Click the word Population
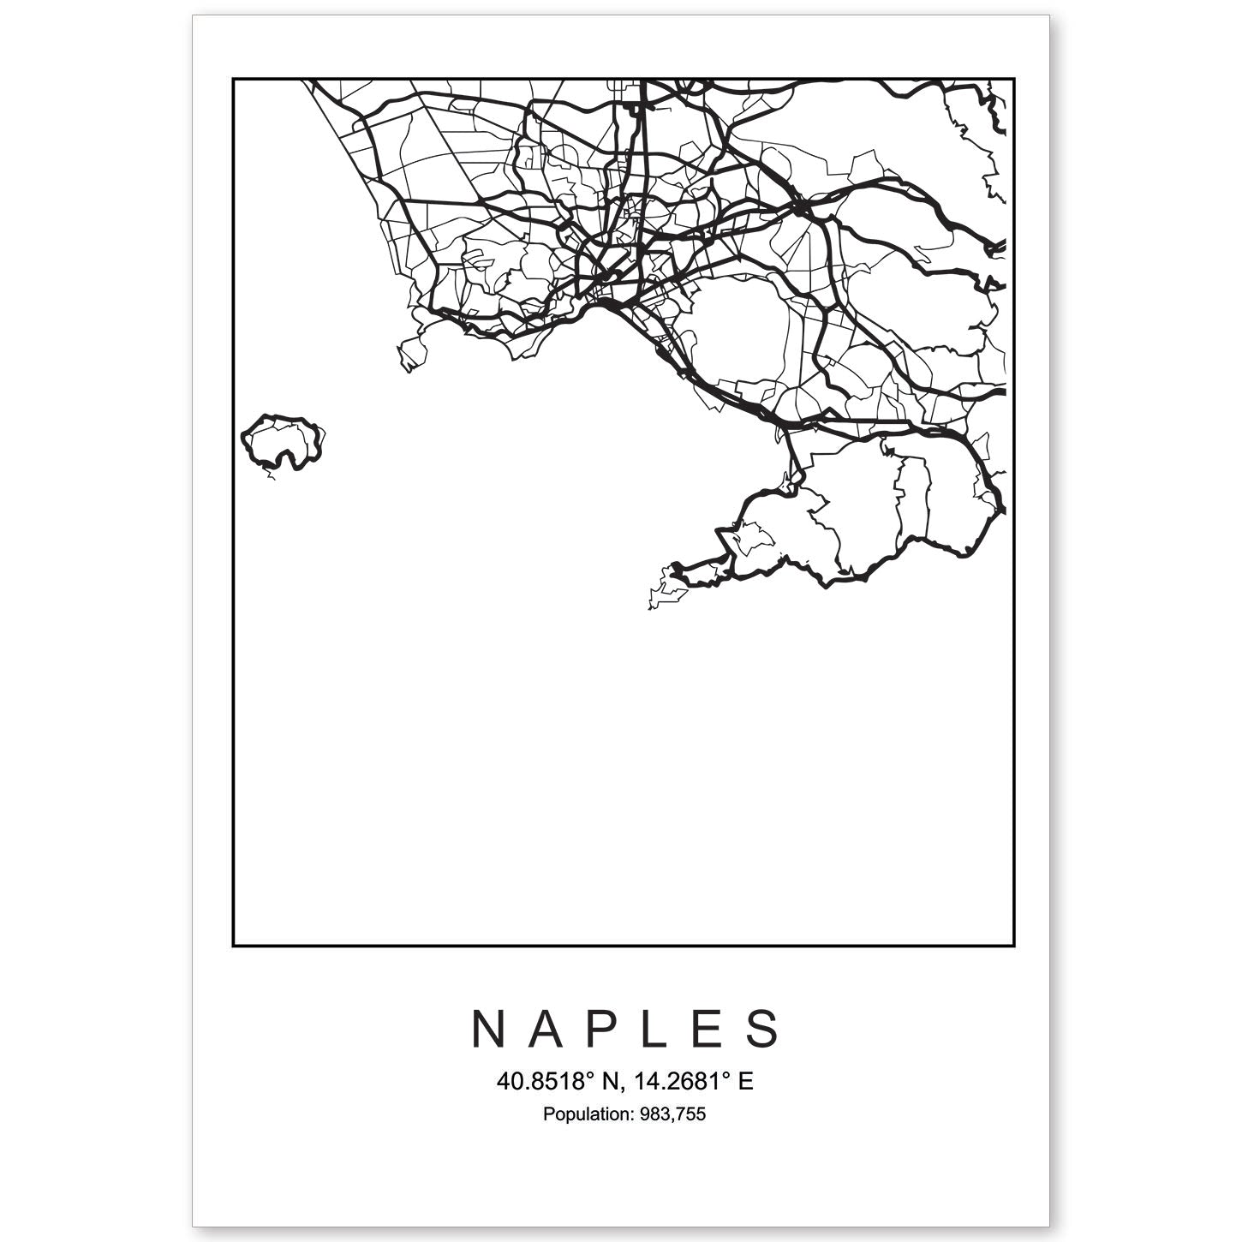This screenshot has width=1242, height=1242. tap(584, 1114)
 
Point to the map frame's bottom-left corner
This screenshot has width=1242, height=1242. tap(233, 946)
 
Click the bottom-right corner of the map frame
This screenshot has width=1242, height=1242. tap(1015, 946)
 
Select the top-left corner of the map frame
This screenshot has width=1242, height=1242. tap(233, 79)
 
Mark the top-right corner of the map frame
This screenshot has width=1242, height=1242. tap(1015, 79)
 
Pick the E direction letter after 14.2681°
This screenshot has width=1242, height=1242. tap(745, 1082)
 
